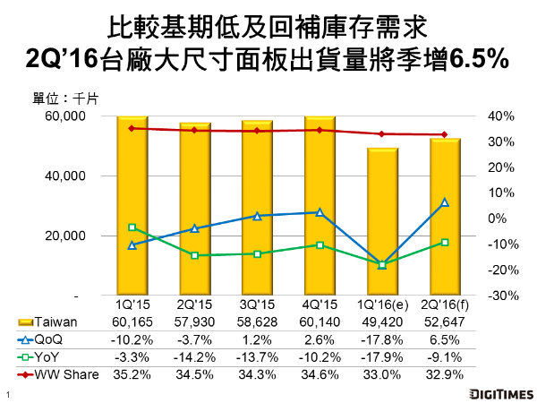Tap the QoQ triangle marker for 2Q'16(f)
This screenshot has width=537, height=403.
tap(445, 202)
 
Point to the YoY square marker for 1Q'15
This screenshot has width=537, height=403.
tap(132, 227)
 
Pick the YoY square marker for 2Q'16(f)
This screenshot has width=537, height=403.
tap(445, 242)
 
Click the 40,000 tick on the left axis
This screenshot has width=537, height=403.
tap(65, 176)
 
